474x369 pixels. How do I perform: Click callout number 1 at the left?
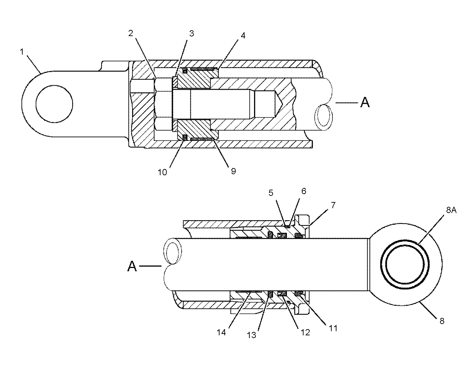(x=22, y=52)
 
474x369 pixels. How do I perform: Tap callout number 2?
(x=131, y=33)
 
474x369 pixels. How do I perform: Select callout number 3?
(x=191, y=33)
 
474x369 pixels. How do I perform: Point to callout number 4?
(x=243, y=35)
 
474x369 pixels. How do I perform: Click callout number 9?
(x=234, y=171)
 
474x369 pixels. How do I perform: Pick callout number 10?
(x=162, y=172)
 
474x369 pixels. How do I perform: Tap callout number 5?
(x=271, y=193)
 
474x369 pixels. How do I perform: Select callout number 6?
(x=304, y=191)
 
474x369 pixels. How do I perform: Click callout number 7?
(x=333, y=205)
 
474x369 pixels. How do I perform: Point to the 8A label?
(x=451, y=210)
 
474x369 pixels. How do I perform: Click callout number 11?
(x=333, y=328)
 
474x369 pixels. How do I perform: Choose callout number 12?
(x=305, y=332)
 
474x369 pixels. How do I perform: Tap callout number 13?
(x=251, y=335)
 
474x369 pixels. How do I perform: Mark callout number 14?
(x=221, y=332)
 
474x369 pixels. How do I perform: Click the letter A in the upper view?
(x=365, y=102)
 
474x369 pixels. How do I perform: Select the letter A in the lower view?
(x=132, y=266)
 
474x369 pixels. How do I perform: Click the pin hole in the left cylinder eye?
(x=54, y=104)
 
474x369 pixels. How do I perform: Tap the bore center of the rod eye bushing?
(x=405, y=264)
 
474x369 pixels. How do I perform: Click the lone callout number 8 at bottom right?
(x=442, y=321)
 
